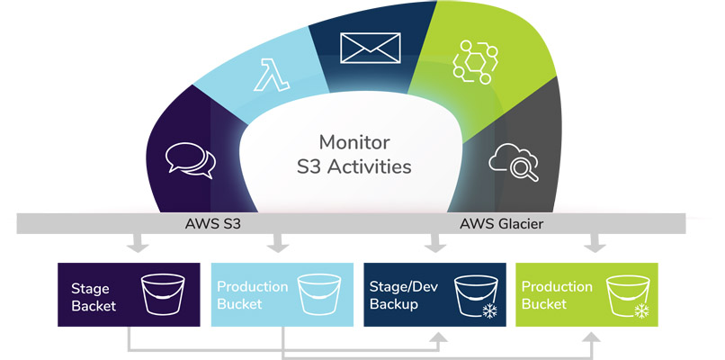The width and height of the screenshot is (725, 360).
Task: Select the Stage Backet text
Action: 94,295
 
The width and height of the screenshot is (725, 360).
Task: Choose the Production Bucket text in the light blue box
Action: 252,295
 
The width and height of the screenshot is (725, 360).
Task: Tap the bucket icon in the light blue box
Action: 317,294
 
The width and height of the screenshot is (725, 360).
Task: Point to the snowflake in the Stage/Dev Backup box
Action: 491,311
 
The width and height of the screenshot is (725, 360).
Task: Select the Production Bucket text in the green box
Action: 557,295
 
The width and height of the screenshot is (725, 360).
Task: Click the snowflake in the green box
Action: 642,311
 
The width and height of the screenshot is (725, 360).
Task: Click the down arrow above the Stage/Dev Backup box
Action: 435,244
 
